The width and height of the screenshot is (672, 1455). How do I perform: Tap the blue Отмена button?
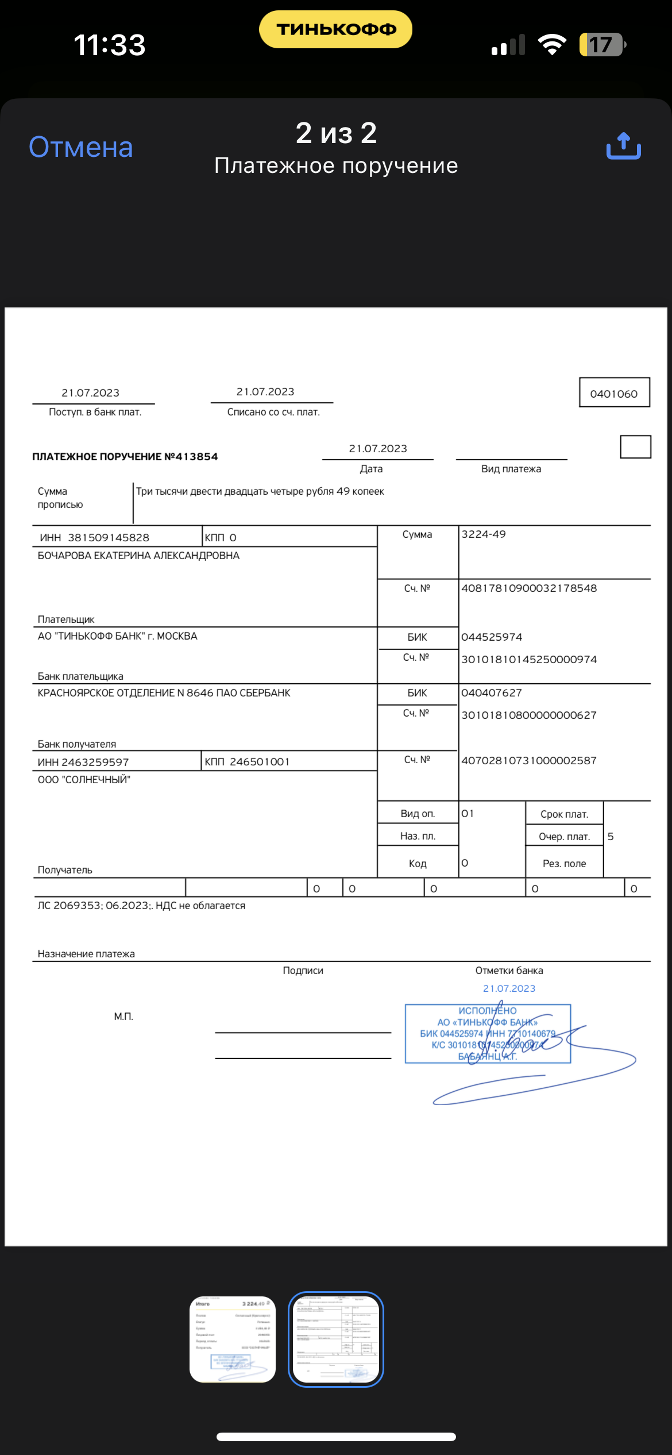[x=81, y=148]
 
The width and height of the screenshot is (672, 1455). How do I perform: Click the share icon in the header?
[x=624, y=147]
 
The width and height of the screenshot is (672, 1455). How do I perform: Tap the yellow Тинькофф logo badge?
[x=336, y=29]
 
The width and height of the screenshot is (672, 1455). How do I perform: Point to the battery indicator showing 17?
[x=601, y=45]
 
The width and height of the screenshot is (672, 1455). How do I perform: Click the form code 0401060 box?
[x=614, y=393]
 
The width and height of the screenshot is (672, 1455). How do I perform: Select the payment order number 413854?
[x=196, y=457]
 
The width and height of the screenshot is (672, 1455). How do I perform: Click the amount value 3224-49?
[x=484, y=534]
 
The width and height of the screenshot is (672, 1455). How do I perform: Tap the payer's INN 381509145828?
[x=109, y=538]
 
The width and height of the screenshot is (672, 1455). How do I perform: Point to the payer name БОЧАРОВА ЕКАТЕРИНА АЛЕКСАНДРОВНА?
[x=138, y=556]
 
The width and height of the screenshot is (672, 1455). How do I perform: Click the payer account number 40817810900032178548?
[x=529, y=588]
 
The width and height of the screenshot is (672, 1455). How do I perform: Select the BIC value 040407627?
[x=492, y=693]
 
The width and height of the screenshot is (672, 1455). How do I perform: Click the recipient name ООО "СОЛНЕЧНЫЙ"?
[x=84, y=780]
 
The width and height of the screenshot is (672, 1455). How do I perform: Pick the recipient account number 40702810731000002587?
[x=529, y=761]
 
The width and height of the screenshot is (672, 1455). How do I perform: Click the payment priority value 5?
[x=611, y=837]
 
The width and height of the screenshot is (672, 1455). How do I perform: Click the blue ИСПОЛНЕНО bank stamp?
[x=488, y=1033]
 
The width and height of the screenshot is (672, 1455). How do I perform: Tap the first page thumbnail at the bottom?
[x=233, y=1339]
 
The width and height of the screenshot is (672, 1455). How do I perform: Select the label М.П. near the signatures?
[x=123, y=1017]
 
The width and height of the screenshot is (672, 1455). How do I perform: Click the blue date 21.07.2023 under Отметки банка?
[x=509, y=988]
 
